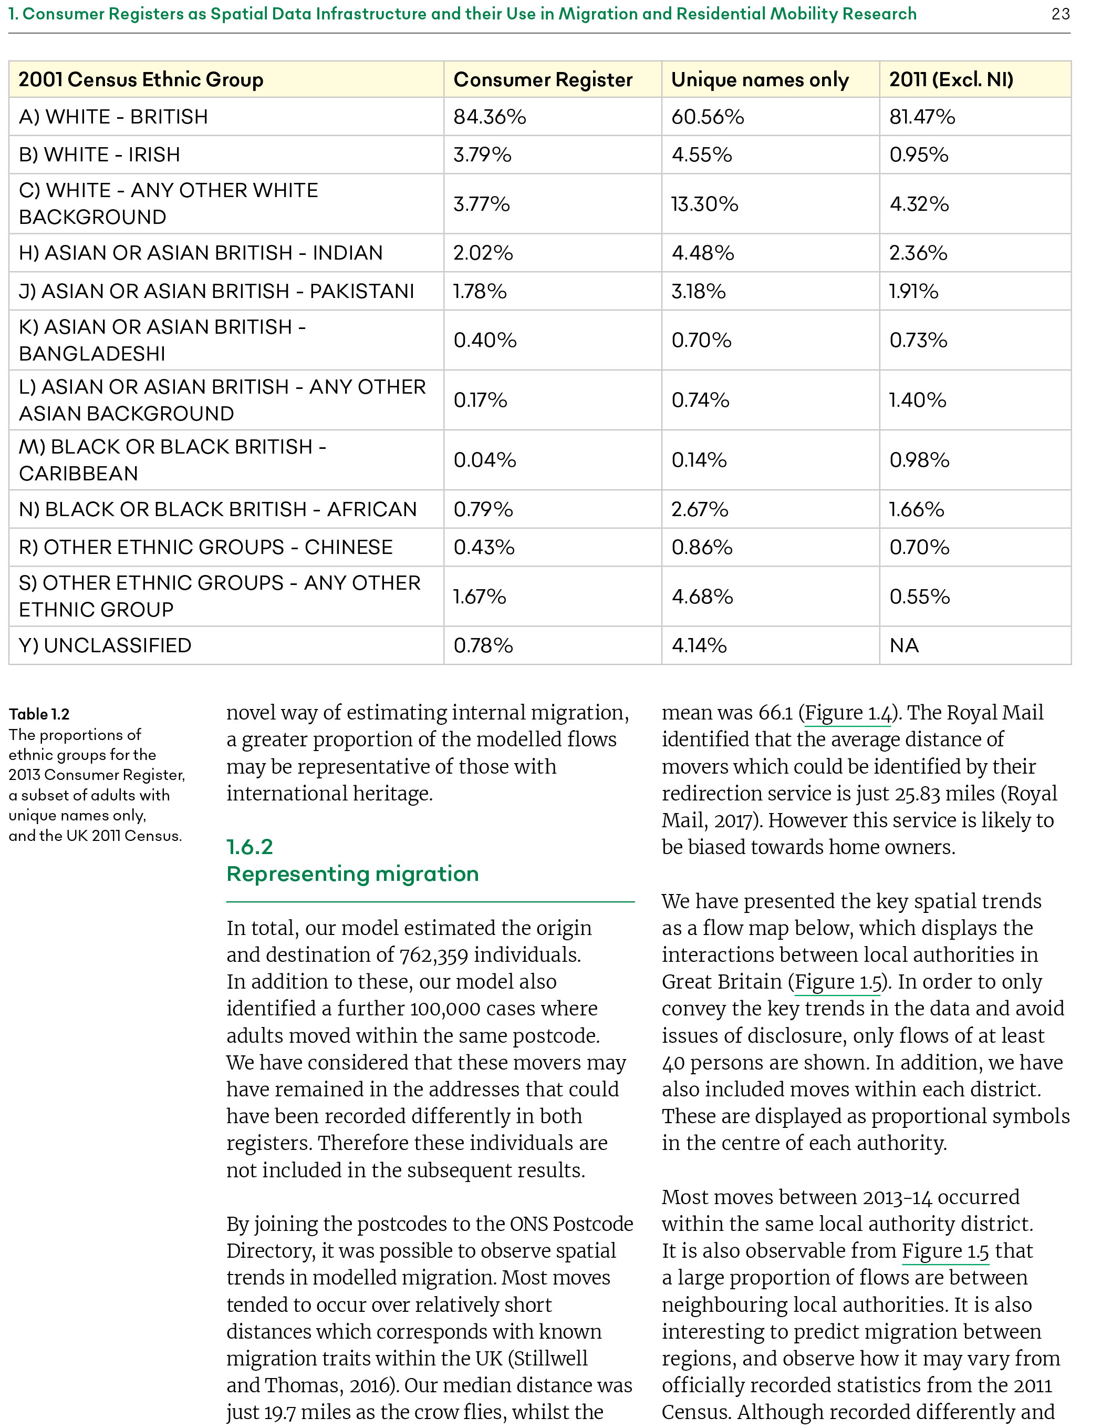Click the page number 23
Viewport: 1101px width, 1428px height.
coord(1060,14)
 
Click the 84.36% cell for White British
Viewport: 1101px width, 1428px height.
coord(490,117)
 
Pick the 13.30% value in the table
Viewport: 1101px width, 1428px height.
coord(704,204)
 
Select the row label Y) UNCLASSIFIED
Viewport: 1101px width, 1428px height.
coord(105,645)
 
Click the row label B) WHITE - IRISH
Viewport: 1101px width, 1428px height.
coord(99,155)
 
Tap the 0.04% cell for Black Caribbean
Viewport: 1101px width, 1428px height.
coord(484,460)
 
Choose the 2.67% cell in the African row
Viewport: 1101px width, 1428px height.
coord(699,509)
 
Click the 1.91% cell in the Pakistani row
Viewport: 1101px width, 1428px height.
coord(913,291)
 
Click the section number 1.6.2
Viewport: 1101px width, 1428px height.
coord(249,847)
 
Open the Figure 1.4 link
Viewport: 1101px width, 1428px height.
coord(847,713)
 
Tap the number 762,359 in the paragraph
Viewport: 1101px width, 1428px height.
coord(434,956)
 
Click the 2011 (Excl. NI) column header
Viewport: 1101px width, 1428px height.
coord(951,80)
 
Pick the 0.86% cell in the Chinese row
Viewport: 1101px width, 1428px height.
coord(701,547)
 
